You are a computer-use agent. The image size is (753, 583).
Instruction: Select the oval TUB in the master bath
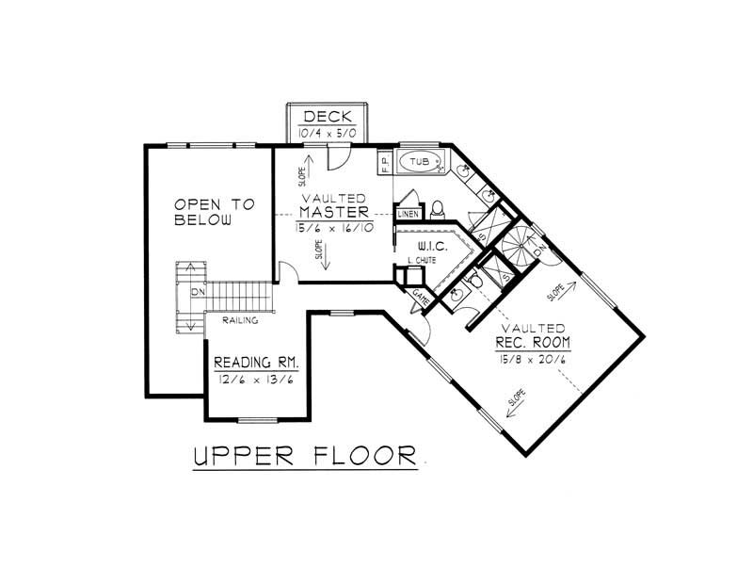click(419, 163)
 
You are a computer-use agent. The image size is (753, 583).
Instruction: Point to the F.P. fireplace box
click(385, 163)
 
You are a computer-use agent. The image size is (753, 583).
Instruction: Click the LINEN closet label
click(408, 215)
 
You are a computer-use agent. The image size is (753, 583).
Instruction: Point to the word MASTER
click(333, 213)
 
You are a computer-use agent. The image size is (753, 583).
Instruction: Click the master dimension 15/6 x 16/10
click(333, 229)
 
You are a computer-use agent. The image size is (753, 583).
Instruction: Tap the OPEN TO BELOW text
click(207, 212)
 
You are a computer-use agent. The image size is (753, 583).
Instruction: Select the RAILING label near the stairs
click(242, 321)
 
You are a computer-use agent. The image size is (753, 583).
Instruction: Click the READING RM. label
click(257, 363)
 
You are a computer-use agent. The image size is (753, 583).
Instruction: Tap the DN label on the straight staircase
click(197, 293)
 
